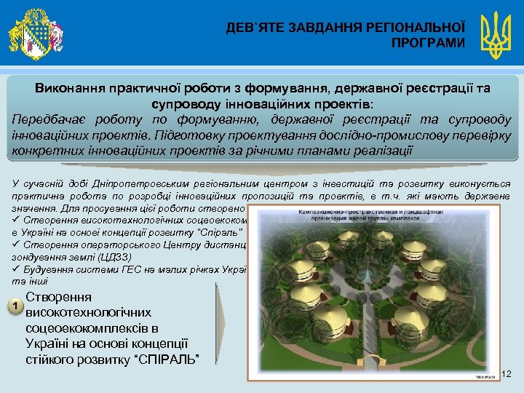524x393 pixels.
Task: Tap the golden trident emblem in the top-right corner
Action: coord(498,33)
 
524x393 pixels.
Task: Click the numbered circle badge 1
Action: coord(15,306)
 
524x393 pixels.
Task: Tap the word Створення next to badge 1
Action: coord(58,298)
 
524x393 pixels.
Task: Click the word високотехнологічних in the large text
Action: coord(88,313)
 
